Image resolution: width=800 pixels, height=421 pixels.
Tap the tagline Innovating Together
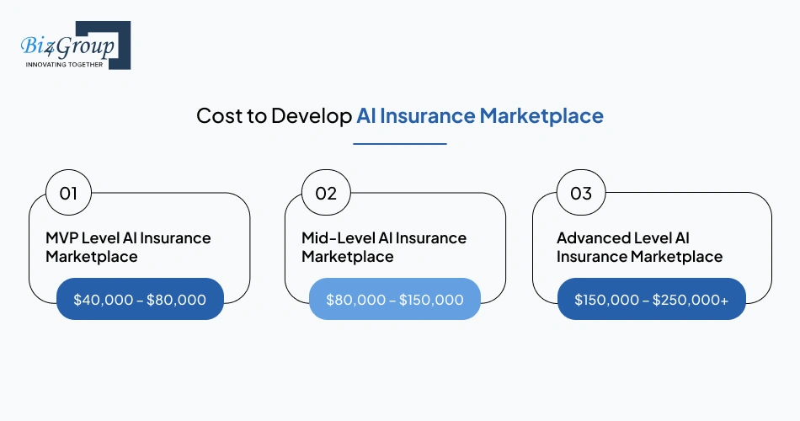click(65, 64)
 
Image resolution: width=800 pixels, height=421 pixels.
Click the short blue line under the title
click(399, 144)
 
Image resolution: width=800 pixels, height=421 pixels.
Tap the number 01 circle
click(68, 194)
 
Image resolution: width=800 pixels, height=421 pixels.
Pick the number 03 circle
click(581, 194)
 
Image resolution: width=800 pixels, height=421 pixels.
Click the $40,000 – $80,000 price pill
click(140, 299)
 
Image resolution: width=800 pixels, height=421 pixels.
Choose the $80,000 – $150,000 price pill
click(395, 299)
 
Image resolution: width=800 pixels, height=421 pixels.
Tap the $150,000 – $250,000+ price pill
click(651, 299)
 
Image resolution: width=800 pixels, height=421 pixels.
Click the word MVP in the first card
click(62, 238)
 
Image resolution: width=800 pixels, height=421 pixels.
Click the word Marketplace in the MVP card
click(92, 257)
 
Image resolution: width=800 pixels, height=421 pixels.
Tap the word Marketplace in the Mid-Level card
click(348, 257)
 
